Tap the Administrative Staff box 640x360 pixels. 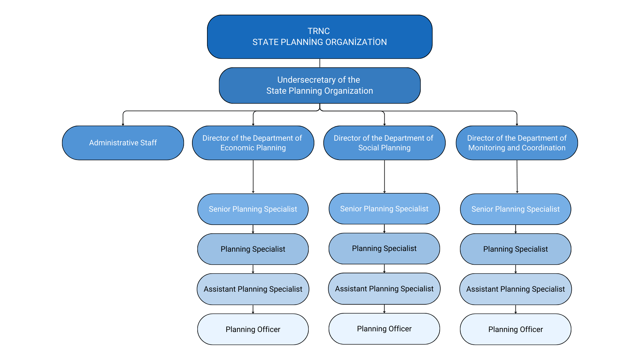coord(123,143)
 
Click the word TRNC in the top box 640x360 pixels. coord(319,31)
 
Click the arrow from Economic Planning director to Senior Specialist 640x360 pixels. coord(253,177)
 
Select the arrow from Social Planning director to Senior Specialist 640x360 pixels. coord(384,177)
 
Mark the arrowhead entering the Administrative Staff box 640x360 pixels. coord(123,124)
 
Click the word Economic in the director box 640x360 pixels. coord(236,148)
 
